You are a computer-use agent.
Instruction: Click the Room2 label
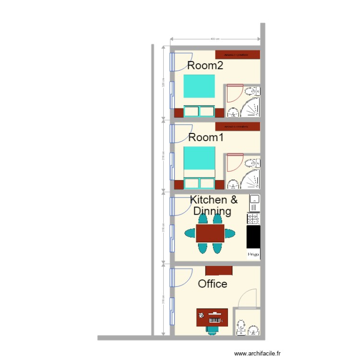[205, 66]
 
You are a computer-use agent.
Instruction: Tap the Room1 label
[206, 137]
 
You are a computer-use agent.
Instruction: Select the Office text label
[213, 284]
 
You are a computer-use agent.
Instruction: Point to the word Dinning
[212, 211]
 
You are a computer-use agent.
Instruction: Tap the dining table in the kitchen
[210, 234]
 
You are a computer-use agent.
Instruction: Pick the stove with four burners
[253, 219]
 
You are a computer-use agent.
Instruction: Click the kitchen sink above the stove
[254, 199]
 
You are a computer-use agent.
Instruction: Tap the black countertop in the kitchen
[253, 237]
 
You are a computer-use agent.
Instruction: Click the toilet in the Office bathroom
[240, 328]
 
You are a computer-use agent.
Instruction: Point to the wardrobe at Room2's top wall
[238, 54]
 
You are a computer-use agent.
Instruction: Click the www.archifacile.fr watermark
[257, 353]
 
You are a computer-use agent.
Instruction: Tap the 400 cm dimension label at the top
[215, 39]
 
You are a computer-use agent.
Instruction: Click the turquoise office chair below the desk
[213, 331]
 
